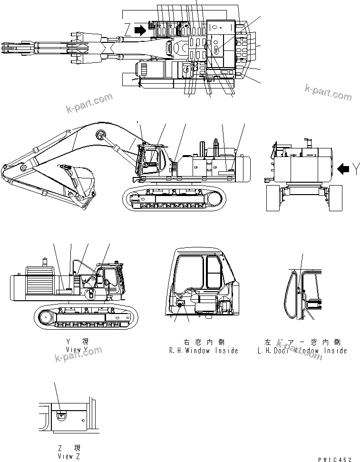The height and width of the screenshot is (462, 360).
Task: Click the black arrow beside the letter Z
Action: point(141,30)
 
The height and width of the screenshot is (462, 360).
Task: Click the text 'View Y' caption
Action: point(78,349)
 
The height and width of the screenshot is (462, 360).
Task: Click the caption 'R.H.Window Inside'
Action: point(203,351)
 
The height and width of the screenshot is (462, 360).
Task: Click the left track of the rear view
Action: point(273,197)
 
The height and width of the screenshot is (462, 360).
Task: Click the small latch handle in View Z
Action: point(61,415)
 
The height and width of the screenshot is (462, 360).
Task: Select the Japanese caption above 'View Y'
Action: point(78,342)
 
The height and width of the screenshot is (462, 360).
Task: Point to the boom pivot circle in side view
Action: point(100,135)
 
